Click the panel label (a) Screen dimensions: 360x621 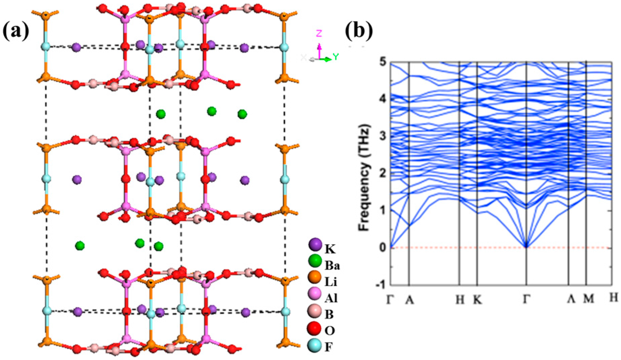tap(16, 32)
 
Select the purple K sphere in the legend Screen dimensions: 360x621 tap(315, 245)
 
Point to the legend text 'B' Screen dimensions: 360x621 tap(329, 314)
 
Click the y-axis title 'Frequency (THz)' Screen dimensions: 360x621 tap(364, 178)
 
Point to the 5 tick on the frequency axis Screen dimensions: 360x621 tap(383, 63)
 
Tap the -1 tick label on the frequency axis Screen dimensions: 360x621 tap(380, 285)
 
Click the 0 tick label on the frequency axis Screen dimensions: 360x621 tap(383, 248)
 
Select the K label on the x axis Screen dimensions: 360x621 tap(477, 299)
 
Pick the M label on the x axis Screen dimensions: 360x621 tap(588, 299)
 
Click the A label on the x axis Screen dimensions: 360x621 tap(409, 299)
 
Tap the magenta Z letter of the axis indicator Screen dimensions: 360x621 tap(319, 33)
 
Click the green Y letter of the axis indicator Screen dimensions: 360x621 tap(336, 57)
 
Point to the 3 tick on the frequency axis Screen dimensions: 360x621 tap(383, 136)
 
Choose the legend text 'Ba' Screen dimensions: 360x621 tap(332, 266)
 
